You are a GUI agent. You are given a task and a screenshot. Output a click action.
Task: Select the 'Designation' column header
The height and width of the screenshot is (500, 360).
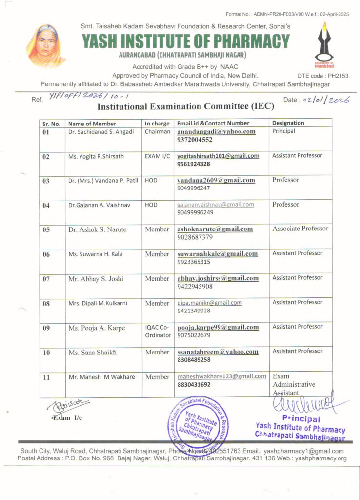pos(288,123)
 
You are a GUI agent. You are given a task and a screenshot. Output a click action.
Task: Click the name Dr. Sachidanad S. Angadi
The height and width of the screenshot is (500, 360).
pos(101,132)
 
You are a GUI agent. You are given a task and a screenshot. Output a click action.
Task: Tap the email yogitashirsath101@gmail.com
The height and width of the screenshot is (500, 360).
pos(218,156)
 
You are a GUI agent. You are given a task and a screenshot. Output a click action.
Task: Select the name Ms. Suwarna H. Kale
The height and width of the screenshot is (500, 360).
pos(96,254)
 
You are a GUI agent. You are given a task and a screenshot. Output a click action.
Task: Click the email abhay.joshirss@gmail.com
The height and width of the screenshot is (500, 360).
pos(218,278)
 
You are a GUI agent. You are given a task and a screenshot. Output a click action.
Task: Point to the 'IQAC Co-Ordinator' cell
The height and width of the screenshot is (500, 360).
pos(158,331)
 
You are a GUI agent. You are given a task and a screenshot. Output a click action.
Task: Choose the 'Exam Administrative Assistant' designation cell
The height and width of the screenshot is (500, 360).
pos(294,384)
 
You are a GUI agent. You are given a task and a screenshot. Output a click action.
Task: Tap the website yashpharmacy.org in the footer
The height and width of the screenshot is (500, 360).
pos(322,458)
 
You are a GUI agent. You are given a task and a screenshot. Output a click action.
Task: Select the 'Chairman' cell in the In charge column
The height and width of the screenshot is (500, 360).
pos(158,131)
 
